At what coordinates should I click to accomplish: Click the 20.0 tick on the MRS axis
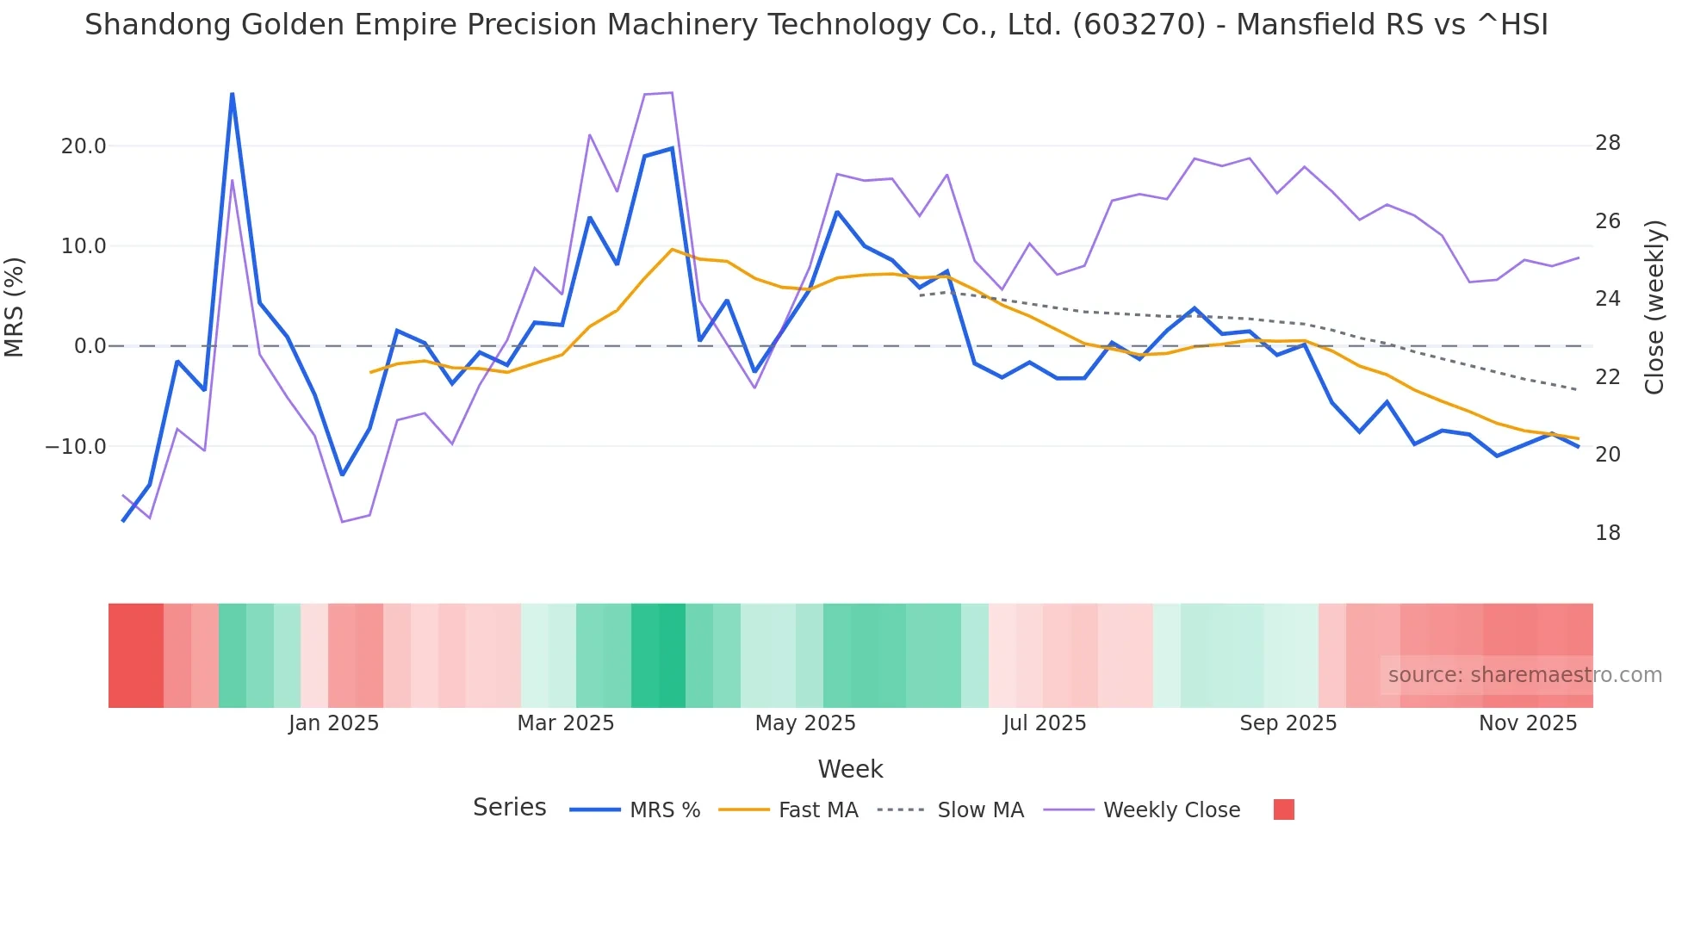pos(84,146)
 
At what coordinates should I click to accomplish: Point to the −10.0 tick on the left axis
pos(76,447)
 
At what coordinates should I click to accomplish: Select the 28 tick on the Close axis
pos(1607,143)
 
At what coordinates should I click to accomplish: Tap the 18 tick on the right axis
pos(1607,533)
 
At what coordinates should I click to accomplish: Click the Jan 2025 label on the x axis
pos(333,723)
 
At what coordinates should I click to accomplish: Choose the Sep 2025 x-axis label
pos(1288,723)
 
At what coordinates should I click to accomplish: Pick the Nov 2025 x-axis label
pos(1528,723)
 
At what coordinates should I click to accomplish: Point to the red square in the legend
pos(1283,809)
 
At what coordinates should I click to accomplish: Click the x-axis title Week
pos(850,769)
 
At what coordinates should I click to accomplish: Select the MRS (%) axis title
pos(15,307)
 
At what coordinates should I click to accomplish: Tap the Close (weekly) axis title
pos(1654,307)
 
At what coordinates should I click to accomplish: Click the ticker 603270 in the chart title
pos(1139,25)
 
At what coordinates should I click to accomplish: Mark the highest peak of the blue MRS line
pos(233,93)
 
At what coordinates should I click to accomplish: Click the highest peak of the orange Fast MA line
pos(672,249)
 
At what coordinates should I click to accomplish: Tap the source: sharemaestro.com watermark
pos(1524,675)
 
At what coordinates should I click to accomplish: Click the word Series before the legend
pos(509,808)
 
